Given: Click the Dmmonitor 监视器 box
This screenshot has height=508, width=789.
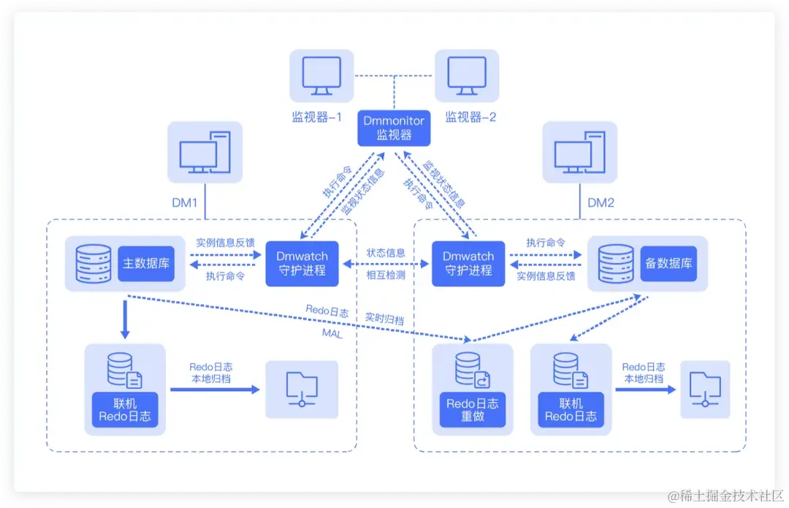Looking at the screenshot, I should [x=394, y=128].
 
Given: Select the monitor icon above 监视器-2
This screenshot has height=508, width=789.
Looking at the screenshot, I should [x=467, y=75].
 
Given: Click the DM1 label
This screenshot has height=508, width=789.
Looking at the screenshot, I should [x=185, y=202].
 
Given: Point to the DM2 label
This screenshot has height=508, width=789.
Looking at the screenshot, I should [x=601, y=202].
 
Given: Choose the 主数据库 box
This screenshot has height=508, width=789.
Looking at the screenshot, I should [x=145, y=263].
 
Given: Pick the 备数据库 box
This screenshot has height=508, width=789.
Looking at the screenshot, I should [x=668, y=263].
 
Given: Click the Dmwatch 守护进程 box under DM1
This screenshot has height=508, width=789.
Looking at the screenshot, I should [x=302, y=263].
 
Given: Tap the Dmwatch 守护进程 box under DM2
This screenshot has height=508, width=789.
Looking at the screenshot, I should [x=468, y=263].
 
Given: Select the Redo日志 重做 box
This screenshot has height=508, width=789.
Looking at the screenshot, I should [x=472, y=410].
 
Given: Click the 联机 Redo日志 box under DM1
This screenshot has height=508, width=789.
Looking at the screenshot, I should [x=125, y=410].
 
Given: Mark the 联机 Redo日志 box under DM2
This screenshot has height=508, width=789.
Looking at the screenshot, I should [x=571, y=410].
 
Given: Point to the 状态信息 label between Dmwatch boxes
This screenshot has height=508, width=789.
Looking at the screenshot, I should [x=385, y=252].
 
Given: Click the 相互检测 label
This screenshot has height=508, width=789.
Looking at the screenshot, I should [x=385, y=276].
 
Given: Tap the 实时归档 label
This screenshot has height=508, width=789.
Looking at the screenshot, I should [x=384, y=319].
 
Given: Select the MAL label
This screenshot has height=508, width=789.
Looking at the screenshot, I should [x=332, y=333].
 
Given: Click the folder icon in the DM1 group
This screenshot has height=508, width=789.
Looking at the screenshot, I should [x=302, y=389].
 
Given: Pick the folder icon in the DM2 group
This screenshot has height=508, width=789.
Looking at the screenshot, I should [x=705, y=389].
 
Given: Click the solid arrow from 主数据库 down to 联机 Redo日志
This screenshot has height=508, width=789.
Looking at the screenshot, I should [x=125, y=316].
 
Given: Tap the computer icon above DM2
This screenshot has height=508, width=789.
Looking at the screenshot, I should [x=579, y=152].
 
